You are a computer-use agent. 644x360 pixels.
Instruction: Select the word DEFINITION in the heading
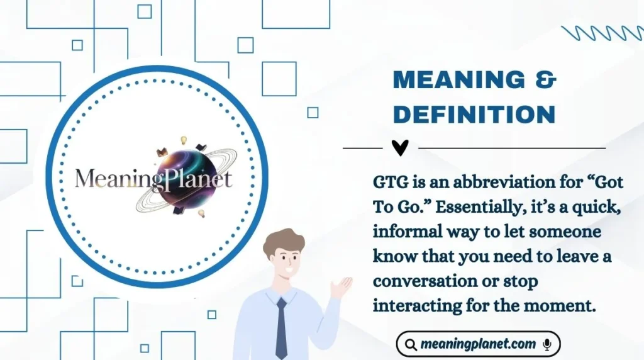[474, 115]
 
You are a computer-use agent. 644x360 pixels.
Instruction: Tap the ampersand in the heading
[544, 81]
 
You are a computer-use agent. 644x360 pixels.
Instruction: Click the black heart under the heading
[400, 147]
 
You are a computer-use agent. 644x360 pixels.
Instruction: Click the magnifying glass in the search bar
[411, 345]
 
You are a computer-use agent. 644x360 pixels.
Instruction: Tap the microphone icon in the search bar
[547, 344]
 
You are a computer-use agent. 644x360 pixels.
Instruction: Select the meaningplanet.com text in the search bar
[479, 344]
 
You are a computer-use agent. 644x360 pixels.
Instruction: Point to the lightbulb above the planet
[184, 140]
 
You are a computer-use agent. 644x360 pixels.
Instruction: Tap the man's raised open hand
[341, 287]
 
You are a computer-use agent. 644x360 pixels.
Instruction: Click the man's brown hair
[283, 243]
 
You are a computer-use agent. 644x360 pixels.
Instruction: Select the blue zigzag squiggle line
[602, 33]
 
